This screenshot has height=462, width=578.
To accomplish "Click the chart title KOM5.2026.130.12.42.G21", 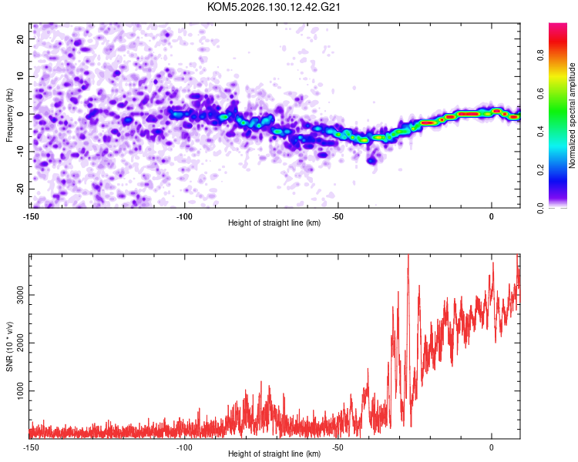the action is coord(274,7).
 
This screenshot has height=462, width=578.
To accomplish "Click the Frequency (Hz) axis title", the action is coord(9,115).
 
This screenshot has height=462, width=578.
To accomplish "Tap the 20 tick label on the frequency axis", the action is coord(20,39).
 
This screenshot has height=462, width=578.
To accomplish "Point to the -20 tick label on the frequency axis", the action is coord(20,189).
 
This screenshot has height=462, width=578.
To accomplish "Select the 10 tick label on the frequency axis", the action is coord(20,77).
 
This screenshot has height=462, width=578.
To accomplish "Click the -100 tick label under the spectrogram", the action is coord(184,216).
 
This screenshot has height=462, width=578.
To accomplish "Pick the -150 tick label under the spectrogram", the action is coord(31,216).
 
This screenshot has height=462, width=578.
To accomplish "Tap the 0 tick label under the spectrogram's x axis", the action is coord(492,216).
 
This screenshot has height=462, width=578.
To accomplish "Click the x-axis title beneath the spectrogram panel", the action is coord(274,223).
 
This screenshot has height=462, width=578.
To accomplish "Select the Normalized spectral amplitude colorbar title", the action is coord(572,115).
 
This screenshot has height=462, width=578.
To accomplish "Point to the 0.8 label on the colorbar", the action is coord(541,55).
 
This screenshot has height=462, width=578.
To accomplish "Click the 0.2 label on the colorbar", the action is coord(541,170).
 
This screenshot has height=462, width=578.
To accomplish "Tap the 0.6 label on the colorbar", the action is coord(541,94).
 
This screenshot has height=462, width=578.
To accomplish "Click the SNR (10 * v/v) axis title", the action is coord(9,346).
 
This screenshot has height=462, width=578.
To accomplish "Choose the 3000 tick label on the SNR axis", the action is coord(20,295).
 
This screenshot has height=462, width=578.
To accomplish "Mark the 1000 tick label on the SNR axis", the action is coord(20,390).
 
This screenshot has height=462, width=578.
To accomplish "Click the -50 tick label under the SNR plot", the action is coord(338,447).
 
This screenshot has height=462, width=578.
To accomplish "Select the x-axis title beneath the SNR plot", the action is coord(274,454).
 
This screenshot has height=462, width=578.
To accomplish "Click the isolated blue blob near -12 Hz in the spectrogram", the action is coord(371,161).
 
